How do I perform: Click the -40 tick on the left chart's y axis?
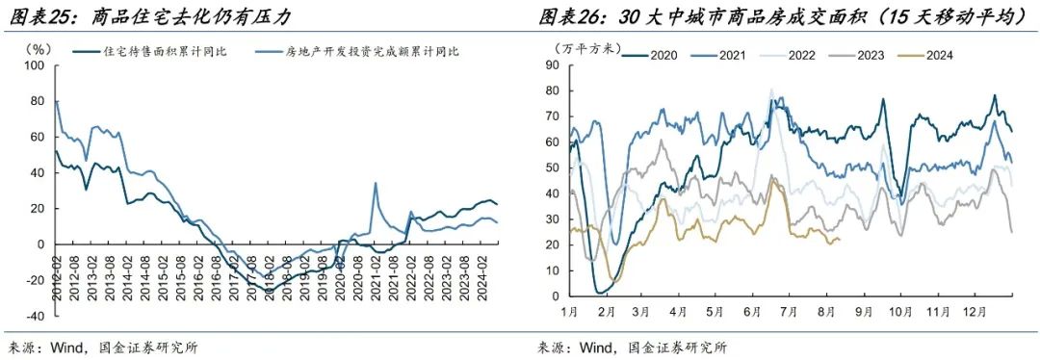click(34, 316)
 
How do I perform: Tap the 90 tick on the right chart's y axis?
click(553, 65)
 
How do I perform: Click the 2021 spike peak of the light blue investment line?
click(375, 183)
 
